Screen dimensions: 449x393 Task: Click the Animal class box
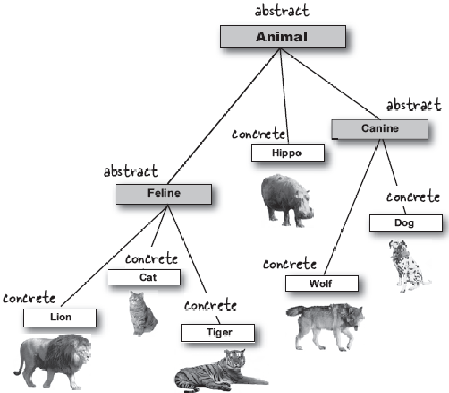click(x=283, y=37)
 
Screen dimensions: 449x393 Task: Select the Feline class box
click(x=164, y=194)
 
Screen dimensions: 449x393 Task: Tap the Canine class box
click(x=380, y=129)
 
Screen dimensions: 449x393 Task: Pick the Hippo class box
click(x=288, y=153)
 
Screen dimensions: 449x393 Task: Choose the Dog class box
click(x=406, y=223)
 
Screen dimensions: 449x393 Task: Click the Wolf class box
click(x=322, y=283)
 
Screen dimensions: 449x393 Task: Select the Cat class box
click(x=144, y=277)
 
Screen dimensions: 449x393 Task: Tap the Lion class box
click(x=60, y=318)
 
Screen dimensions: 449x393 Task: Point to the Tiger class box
click(x=218, y=333)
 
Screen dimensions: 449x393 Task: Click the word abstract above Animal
click(x=282, y=11)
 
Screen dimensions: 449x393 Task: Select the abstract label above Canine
click(x=414, y=105)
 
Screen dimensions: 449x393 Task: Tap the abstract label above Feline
click(x=131, y=171)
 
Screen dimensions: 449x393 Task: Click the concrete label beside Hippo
click(x=258, y=134)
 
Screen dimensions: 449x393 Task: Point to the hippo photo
click(x=287, y=200)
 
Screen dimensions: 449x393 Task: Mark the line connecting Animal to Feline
click(x=224, y=116)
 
